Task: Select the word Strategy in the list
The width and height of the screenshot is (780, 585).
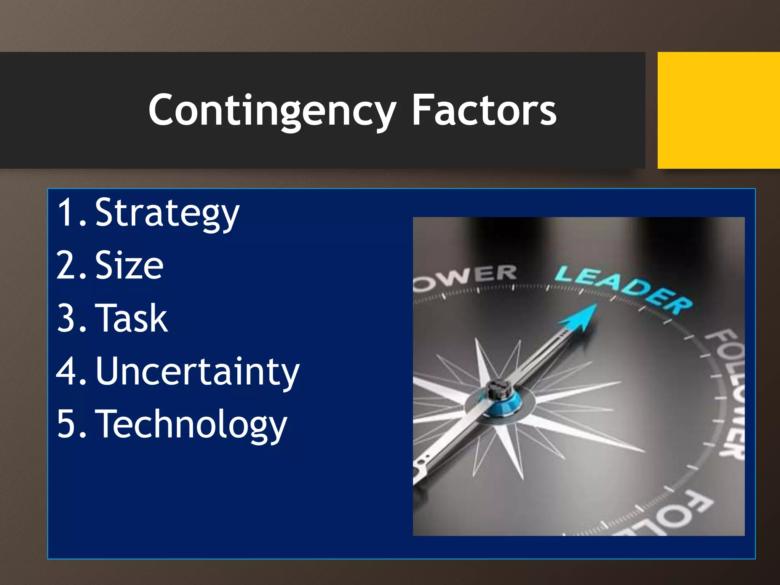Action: pos(167,213)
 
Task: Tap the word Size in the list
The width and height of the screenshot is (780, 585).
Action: pos(129,265)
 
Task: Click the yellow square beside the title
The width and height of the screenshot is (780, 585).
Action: pos(718,110)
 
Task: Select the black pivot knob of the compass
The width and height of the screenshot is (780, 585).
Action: pos(497,389)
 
